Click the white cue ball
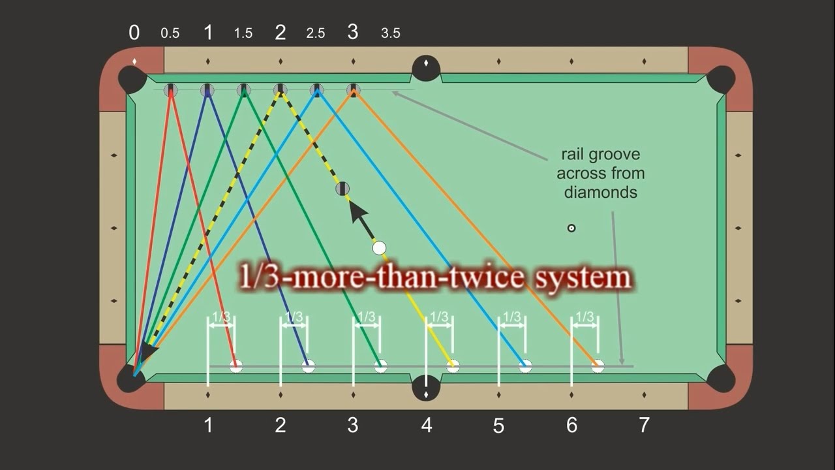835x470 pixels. click(x=379, y=248)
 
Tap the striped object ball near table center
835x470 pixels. click(x=342, y=189)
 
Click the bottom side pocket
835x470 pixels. click(x=426, y=387)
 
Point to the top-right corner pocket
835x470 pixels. click(x=721, y=78)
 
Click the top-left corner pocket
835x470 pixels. click(x=130, y=78)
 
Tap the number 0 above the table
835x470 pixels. click(x=134, y=33)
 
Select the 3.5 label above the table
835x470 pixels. click(x=390, y=33)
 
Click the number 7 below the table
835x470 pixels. click(x=644, y=425)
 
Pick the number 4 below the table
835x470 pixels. click(x=426, y=426)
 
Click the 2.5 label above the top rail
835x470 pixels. click(x=316, y=33)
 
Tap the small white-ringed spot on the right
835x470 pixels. click(x=571, y=228)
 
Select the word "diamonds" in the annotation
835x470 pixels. click(x=600, y=193)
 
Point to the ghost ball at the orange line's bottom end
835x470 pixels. click(x=598, y=366)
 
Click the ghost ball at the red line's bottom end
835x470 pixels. click(x=236, y=366)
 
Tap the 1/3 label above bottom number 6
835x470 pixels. click(x=585, y=317)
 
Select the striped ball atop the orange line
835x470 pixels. click(x=353, y=89)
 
